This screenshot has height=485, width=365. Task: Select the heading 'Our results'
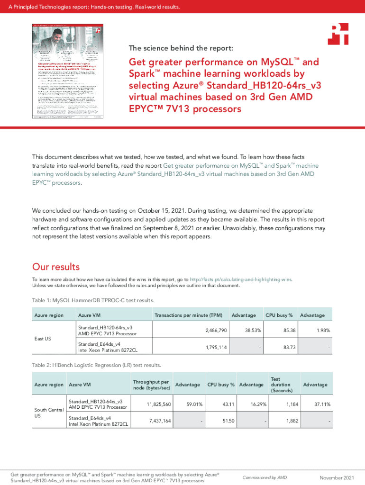pyautogui.click(x=55, y=267)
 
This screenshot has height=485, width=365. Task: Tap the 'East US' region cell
pyautogui.click(x=43, y=339)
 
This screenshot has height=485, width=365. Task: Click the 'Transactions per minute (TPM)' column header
pyautogui.click(x=188, y=315)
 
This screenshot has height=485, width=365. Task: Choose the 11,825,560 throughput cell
pyautogui.click(x=159, y=404)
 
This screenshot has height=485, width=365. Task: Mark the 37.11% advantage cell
pyautogui.click(x=320, y=404)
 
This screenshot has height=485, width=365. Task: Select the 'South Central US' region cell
pyautogui.click(x=47, y=412)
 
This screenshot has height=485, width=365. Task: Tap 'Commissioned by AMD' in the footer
pyautogui.click(x=265, y=477)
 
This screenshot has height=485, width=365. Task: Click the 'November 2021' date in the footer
pyautogui.click(x=337, y=477)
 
